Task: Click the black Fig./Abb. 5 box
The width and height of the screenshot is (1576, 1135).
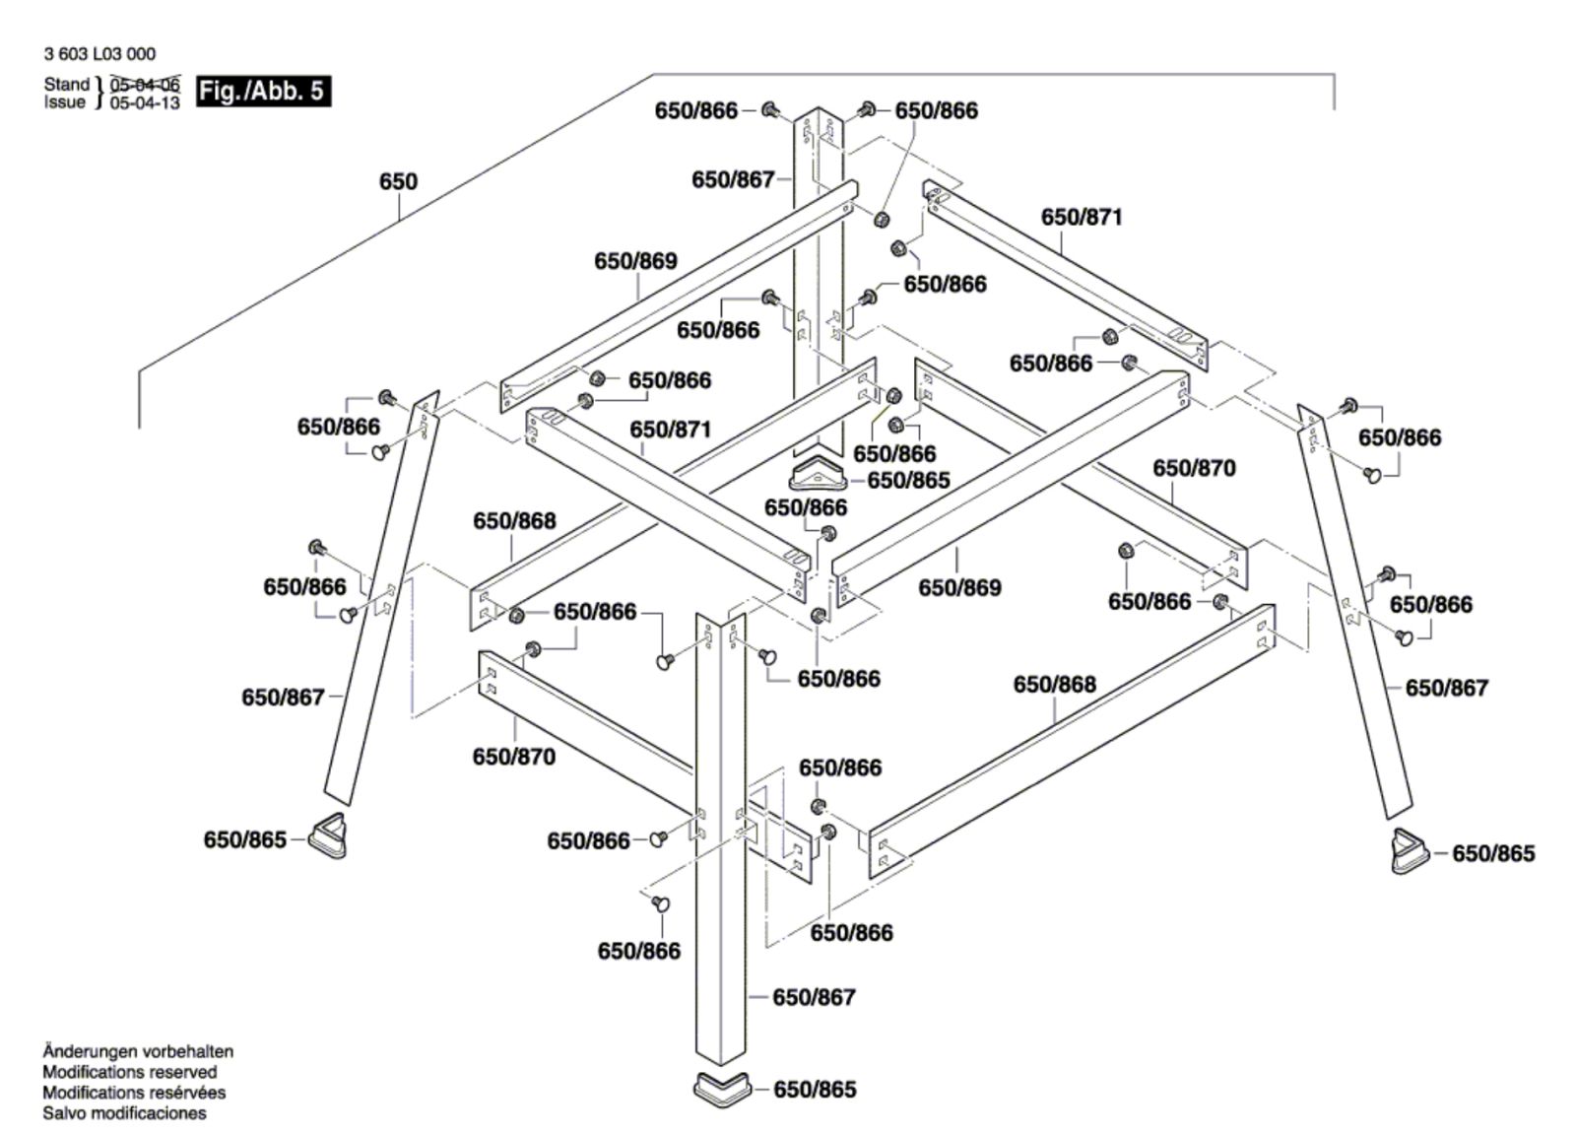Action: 263,92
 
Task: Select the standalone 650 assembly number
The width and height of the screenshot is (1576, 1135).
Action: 398,181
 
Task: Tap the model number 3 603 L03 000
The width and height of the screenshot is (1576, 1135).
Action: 99,54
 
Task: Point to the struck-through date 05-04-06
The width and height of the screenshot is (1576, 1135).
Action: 145,85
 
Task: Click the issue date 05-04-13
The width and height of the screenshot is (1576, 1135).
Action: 145,102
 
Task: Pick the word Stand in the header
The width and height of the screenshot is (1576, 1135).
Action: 67,84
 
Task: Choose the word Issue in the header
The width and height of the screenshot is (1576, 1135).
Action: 65,102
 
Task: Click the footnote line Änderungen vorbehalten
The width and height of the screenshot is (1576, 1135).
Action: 138,1051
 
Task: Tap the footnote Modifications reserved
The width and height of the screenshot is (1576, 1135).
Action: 129,1072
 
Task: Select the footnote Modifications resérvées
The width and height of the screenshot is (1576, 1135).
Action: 134,1092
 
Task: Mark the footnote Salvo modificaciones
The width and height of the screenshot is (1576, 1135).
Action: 124,1112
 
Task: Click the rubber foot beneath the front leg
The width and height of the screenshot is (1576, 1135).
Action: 722,1090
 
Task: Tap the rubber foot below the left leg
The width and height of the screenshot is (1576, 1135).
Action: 329,837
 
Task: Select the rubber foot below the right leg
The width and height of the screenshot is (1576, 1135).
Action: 1410,852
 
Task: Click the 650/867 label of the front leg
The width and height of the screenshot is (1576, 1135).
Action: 814,997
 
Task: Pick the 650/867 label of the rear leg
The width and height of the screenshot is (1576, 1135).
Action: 733,179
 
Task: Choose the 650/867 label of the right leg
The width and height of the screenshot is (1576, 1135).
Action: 1447,688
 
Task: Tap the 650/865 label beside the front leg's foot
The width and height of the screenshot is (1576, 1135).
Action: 815,1090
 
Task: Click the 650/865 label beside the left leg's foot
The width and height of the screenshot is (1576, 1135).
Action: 245,839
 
